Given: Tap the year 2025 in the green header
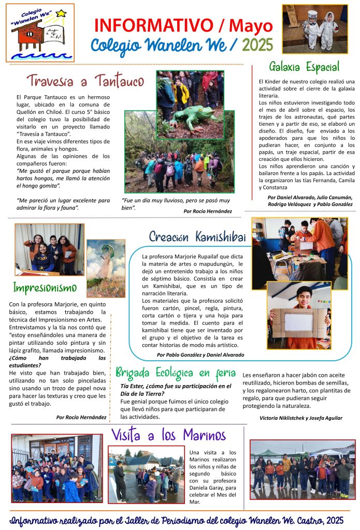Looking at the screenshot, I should click(x=257, y=45).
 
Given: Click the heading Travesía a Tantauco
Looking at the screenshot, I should click(x=84, y=81).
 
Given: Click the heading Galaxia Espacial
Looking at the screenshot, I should click(x=304, y=67).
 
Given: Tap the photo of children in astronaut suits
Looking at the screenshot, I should click(x=314, y=29).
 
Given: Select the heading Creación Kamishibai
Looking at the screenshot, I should click(x=197, y=237).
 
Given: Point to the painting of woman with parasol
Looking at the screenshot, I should click(x=106, y=268).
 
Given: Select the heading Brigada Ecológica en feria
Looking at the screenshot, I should click(x=176, y=372).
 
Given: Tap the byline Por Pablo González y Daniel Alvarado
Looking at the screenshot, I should click(x=200, y=355).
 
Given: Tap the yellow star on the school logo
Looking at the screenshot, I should click(x=61, y=13).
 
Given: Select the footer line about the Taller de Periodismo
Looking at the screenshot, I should click(x=180, y=519).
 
